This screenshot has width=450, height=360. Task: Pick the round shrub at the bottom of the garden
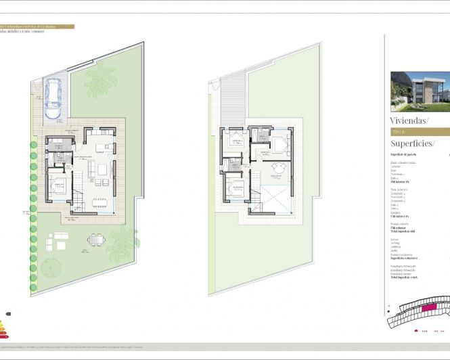point(51,268)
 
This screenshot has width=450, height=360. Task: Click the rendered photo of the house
point(420,91)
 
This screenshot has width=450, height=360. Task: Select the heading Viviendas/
point(410,121)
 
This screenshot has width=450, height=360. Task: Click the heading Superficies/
point(413,143)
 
